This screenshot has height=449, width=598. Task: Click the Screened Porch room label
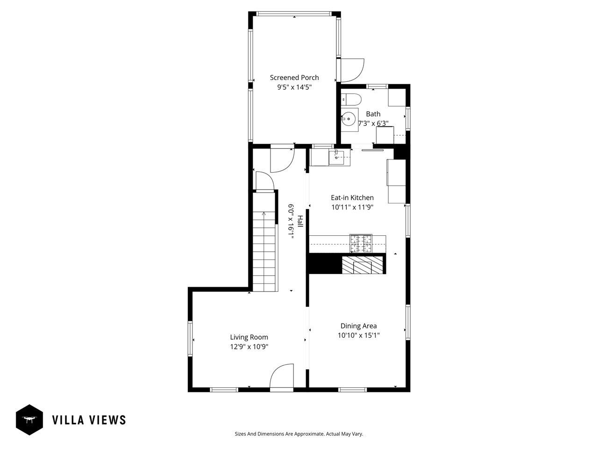pyautogui.click(x=294, y=78)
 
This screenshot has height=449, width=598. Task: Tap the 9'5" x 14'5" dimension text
pyautogui.click(x=294, y=87)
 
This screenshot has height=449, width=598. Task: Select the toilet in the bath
pyautogui.click(x=351, y=100)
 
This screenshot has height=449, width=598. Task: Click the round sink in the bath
pyautogui.click(x=349, y=119)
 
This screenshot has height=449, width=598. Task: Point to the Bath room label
pyautogui.click(x=373, y=114)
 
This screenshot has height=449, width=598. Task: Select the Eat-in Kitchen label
pyautogui.click(x=352, y=198)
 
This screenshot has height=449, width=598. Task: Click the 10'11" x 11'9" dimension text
pyautogui.click(x=352, y=207)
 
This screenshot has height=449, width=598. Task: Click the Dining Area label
pyautogui.click(x=358, y=326)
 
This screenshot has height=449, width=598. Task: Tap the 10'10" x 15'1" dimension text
pyautogui.click(x=358, y=335)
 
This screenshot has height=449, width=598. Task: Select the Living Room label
pyautogui.click(x=249, y=337)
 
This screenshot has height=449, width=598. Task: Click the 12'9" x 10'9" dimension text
pyautogui.click(x=249, y=347)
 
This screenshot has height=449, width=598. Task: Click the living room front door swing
pyautogui.click(x=282, y=376)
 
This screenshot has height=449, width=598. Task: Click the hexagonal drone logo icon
pyautogui.click(x=29, y=420)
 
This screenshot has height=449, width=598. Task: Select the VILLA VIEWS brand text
pyautogui.click(x=89, y=420)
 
